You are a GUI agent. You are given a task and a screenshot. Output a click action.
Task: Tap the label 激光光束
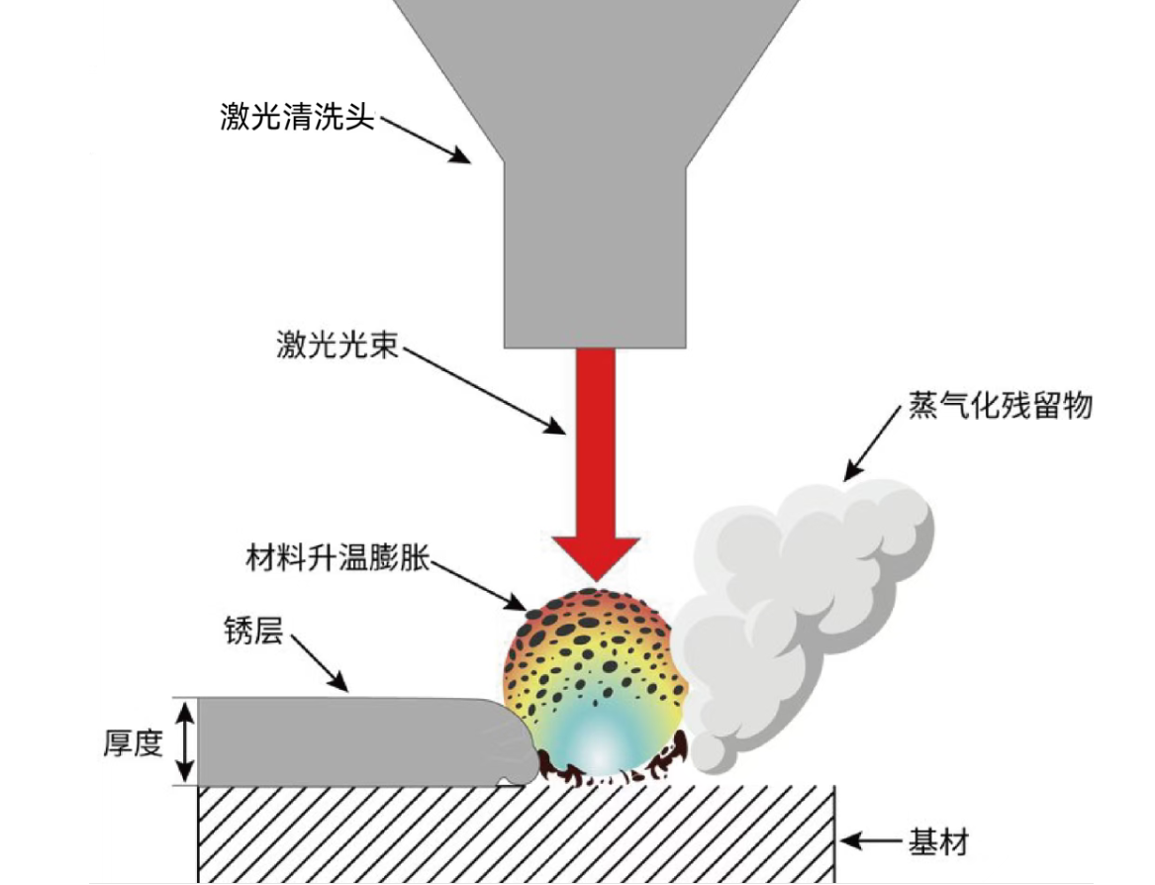[x=337, y=346]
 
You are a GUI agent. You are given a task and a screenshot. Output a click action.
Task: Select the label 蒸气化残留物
[x=1000, y=406]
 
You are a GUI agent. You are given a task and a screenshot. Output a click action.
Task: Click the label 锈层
[x=255, y=631]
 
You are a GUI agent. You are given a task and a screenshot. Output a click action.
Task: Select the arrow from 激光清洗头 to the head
[x=426, y=139]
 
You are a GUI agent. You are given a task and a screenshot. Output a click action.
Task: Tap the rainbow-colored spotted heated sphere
[x=594, y=663]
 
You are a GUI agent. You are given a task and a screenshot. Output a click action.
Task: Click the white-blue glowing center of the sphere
[x=598, y=747]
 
